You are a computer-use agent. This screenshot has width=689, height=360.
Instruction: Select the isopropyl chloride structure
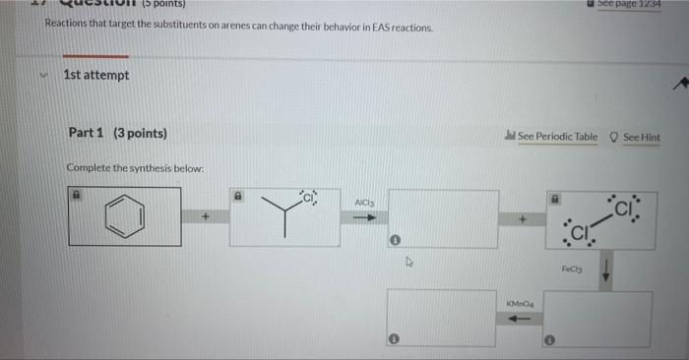284,211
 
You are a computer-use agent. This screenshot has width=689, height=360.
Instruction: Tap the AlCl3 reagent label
364,203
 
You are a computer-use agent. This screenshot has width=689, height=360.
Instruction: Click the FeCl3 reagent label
573,268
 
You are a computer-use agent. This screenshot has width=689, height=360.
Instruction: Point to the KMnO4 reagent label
520,306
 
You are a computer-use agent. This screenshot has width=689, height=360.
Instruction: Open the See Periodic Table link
551,137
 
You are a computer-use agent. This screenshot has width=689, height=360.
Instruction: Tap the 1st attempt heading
95,75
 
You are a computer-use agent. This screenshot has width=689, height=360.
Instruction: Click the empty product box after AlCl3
442,218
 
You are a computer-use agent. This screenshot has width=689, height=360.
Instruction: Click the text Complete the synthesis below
135,167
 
